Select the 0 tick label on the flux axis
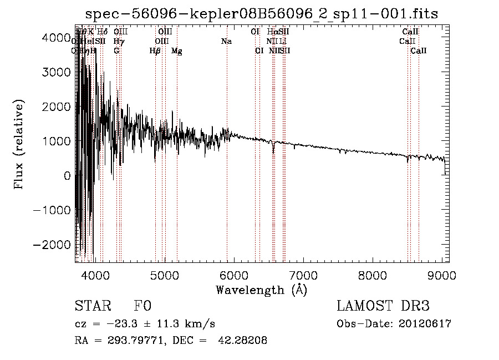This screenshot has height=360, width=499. coord(67,176)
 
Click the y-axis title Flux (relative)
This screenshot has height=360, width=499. coord(19,145)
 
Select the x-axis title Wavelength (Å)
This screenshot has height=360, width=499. coord(261,290)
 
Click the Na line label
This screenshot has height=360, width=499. coord(226,42)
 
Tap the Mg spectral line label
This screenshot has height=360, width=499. coord(177,51)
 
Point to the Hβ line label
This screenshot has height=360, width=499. coord(155,51)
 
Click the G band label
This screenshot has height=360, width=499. coord(116,51)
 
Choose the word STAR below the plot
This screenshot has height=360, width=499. coord(93,306)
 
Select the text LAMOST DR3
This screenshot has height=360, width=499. coord(383,306)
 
